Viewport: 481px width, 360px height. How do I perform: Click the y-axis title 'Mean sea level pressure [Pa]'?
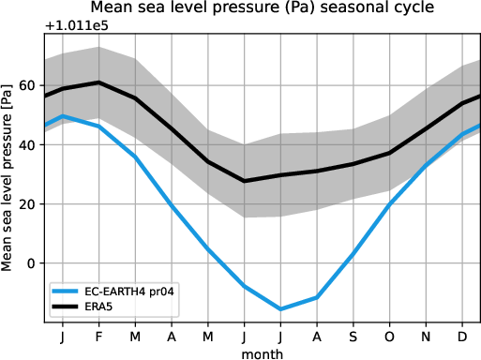(x=8, y=175)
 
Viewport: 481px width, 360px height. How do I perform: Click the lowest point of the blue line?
(x=280, y=308)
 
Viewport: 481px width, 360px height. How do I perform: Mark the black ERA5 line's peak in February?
(x=99, y=82)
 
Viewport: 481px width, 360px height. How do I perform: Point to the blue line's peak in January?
(x=62, y=116)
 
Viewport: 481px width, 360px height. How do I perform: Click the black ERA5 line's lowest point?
(x=245, y=181)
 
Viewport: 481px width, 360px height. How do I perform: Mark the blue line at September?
(x=353, y=253)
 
